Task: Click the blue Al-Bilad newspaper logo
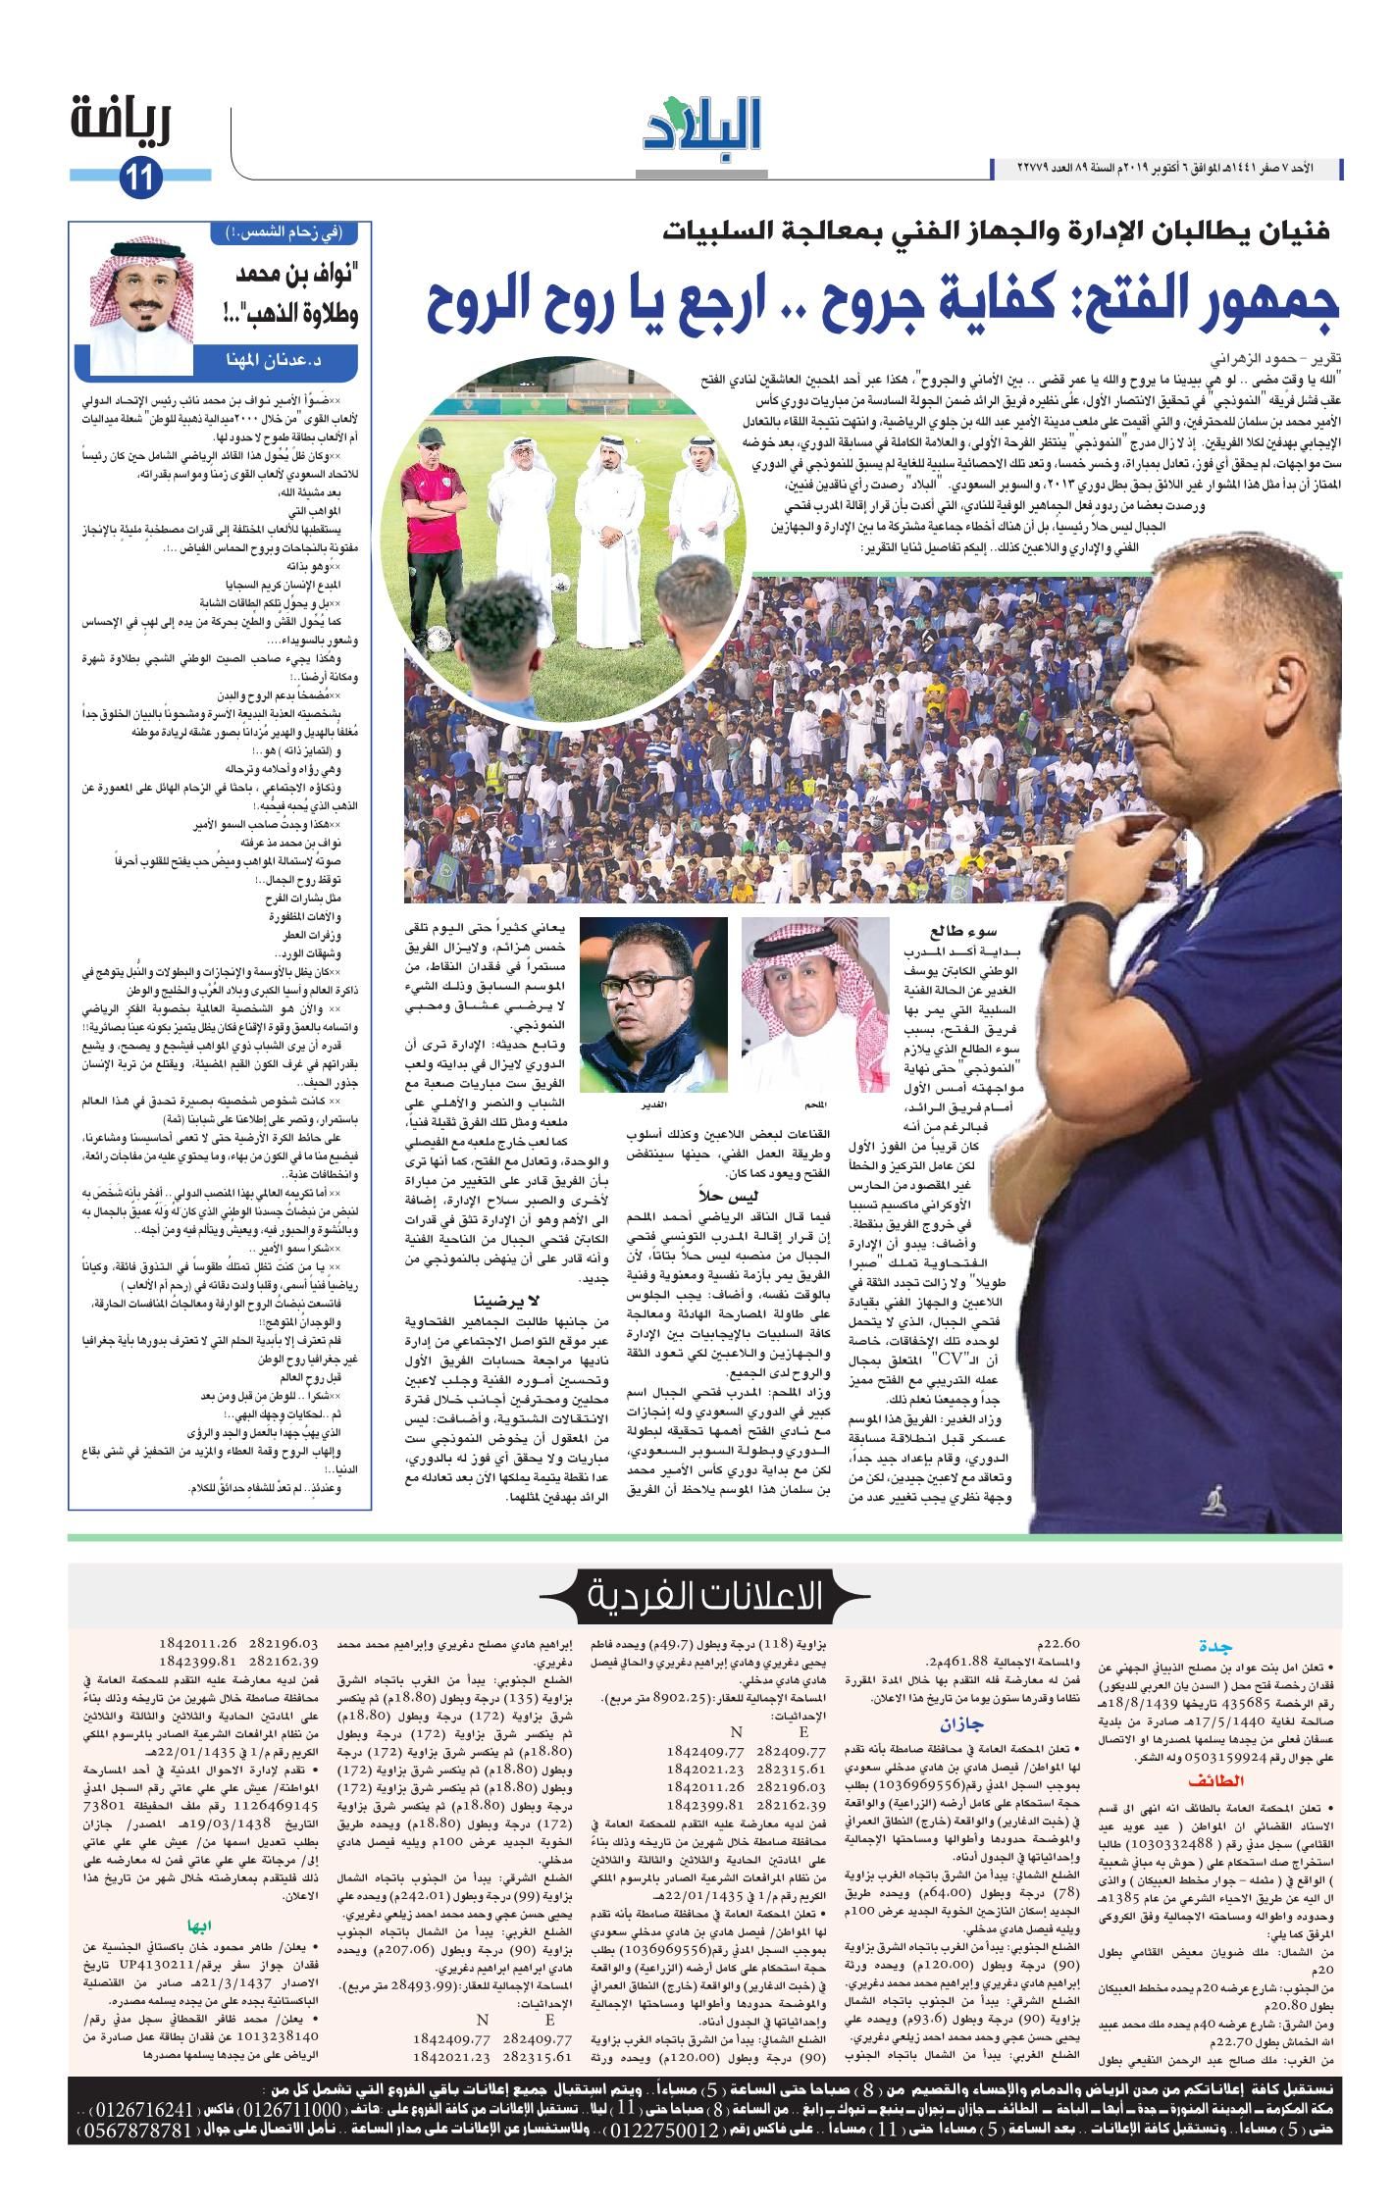702,128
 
